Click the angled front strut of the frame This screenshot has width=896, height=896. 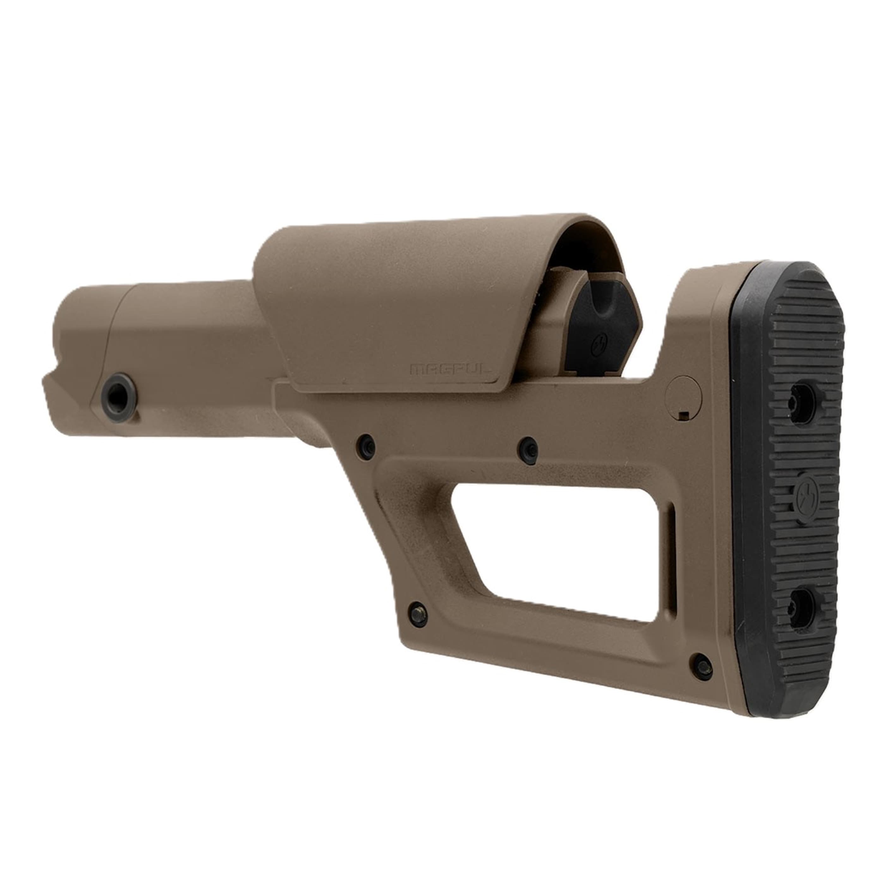pos(371,510)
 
